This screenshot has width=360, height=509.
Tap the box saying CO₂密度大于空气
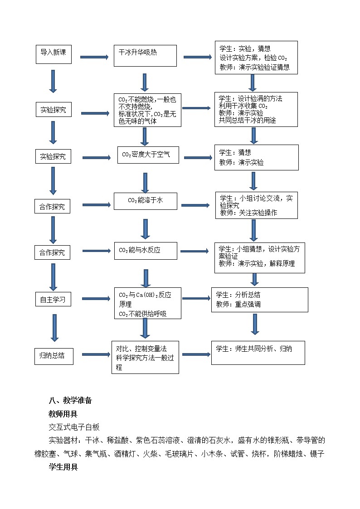(x=148, y=155)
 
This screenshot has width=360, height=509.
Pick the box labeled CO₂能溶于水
(x=145, y=200)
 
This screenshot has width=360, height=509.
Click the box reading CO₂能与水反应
(x=145, y=250)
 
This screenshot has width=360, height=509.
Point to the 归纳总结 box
(x=54, y=356)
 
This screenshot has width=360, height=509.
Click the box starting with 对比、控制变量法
(x=145, y=357)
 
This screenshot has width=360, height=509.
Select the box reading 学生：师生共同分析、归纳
(x=258, y=353)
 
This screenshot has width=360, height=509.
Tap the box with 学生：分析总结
(x=259, y=300)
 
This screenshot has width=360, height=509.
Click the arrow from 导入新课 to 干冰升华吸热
(x=94, y=57)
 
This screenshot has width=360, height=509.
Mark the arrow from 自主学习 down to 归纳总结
(x=54, y=328)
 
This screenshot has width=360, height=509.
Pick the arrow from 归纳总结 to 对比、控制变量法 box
(x=96, y=354)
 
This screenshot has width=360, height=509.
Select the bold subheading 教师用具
(x=63, y=413)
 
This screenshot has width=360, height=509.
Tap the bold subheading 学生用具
(x=63, y=467)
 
